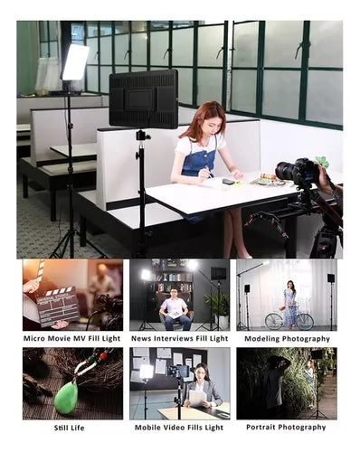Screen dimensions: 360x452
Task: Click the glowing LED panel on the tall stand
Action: coord(75,61)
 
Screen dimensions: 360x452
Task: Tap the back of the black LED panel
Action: coord(143,99)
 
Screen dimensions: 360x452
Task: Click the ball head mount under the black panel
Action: coord(141,136)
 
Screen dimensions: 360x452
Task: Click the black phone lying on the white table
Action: coord(229,182)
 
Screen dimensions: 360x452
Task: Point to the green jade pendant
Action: coord(66,398)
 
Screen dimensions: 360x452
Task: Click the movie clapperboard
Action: coord(57,306)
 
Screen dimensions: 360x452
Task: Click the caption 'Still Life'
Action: coord(69,428)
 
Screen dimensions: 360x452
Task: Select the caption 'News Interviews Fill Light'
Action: coord(179,339)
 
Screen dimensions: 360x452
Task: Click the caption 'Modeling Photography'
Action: coord(287,339)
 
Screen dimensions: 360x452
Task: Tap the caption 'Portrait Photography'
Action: coord(286,428)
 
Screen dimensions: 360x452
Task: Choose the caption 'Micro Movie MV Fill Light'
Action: coord(71,338)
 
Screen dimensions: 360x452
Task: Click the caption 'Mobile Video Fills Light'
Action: coord(179,428)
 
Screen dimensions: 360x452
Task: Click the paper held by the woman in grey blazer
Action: coord(197,398)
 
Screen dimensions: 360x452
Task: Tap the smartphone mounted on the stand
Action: coord(178,371)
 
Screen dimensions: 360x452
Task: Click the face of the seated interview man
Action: coord(174,293)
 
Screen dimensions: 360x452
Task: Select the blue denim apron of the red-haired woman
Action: coord(199,159)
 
